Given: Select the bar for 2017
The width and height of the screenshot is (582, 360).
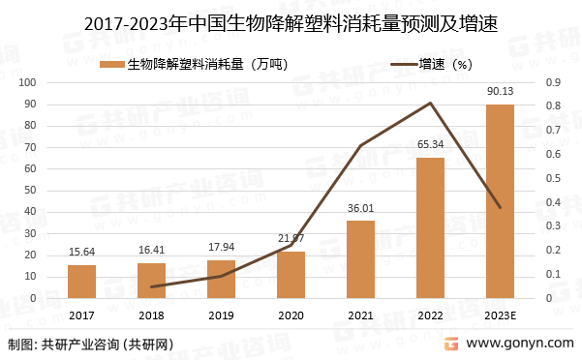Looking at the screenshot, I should [x=82, y=281].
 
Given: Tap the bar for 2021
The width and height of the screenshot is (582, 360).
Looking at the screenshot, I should [x=360, y=259].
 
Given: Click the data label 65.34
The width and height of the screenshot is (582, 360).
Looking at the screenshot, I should [x=430, y=144].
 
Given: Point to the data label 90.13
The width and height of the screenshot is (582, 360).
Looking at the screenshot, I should [x=500, y=91].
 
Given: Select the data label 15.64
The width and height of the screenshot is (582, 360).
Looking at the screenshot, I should [x=82, y=253].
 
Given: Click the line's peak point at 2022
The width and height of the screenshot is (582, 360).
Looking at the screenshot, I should [x=430, y=104].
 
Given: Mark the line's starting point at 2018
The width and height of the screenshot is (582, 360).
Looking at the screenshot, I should [x=152, y=286].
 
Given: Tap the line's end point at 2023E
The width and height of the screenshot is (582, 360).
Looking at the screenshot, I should [x=500, y=207].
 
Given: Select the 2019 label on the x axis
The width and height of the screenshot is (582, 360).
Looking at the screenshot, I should [x=222, y=315].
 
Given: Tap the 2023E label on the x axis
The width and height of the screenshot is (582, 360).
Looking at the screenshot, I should [x=500, y=315].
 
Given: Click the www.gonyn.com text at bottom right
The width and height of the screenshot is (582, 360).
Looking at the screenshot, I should [x=518, y=344].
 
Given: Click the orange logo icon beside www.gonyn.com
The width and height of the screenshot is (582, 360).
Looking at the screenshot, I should [x=450, y=344].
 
